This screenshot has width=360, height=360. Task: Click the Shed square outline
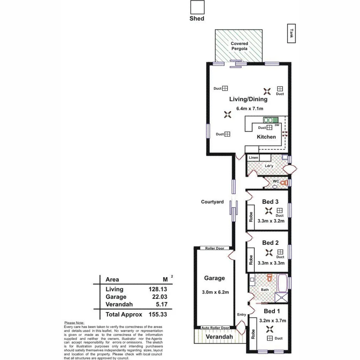click(x=197, y=6)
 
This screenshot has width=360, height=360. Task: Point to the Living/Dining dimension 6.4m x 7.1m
click(x=250, y=108)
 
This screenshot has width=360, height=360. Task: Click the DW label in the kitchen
click(x=277, y=125)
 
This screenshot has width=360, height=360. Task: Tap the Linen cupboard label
click(x=253, y=158)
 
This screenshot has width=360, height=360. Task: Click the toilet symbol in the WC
click(x=284, y=183)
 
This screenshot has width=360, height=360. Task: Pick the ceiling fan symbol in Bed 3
click(x=268, y=210)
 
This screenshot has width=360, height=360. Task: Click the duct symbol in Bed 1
click(x=269, y=338)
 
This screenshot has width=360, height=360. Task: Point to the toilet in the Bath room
click(x=270, y=277)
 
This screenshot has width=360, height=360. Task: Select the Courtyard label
click(x=212, y=202)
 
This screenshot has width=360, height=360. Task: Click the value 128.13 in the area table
click(x=158, y=289)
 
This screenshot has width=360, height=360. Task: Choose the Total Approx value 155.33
click(x=158, y=314)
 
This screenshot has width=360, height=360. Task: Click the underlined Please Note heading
click(x=74, y=323)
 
